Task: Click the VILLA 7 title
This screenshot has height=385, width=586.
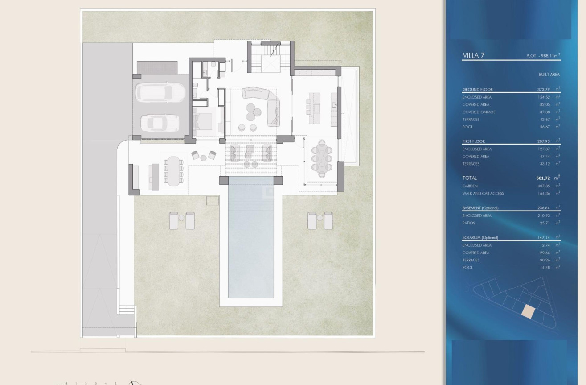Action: coord(473,56)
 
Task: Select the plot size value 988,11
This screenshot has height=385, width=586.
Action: coord(549,56)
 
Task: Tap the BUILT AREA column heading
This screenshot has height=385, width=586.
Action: coord(549,75)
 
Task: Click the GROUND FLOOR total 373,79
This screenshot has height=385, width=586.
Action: coord(544,90)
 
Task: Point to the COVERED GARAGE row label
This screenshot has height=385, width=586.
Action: coord(479,112)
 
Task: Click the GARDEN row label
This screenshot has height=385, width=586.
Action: coord(470,186)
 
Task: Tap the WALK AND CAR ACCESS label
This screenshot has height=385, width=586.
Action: coord(483,194)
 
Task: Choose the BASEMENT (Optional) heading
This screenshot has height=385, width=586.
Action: coord(480,208)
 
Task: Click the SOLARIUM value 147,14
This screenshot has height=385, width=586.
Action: coord(544,238)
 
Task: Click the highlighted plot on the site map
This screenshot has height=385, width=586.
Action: coord(528,311)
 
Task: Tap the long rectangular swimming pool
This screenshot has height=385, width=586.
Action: coord(251,241)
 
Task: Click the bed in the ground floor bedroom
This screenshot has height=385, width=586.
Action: coord(203,121)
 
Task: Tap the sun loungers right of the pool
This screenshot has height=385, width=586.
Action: coord(320,220)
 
